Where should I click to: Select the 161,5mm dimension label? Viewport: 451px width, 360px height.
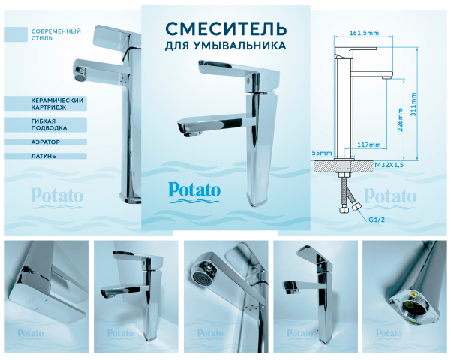pos(364,32)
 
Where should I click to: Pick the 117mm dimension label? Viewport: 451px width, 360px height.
pos(369,144)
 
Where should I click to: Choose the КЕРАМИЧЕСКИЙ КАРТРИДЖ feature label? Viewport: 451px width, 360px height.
pos(57,103)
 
